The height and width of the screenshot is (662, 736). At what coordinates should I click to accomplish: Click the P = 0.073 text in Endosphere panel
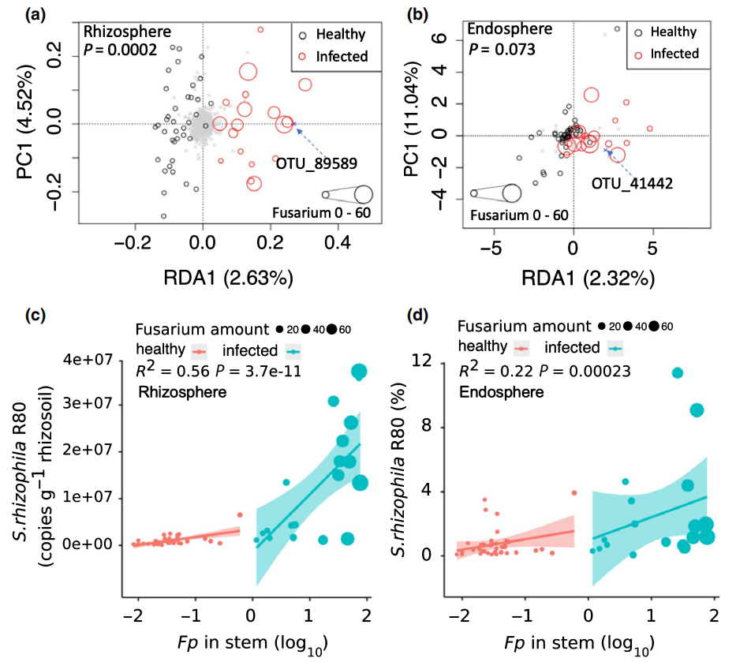pos(502,49)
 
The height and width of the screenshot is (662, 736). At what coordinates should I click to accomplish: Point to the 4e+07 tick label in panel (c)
pos(86,360)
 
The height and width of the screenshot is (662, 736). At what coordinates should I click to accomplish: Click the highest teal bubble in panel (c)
pos(360,372)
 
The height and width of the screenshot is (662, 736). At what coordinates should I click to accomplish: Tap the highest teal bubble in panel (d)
pos(677,372)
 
